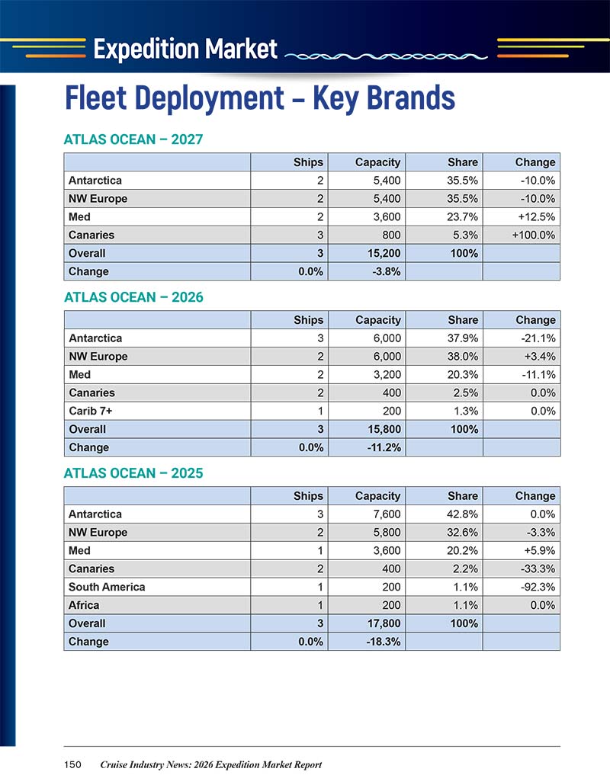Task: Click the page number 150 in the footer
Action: [x=72, y=764]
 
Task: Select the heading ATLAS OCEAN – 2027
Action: [x=133, y=139]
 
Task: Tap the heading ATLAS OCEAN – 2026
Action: [x=133, y=297]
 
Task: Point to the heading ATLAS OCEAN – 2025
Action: [x=133, y=473]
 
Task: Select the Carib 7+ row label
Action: [x=91, y=411]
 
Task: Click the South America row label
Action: [x=107, y=587]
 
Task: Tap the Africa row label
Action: [x=84, y=605]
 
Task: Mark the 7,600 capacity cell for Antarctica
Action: [x=387, y=514]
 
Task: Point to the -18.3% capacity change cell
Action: [x=384, y=642]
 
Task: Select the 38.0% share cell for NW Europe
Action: [x=463, y=357]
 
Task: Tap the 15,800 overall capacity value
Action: [x=384, y=429]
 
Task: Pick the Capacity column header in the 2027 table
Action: [x=378, y=162]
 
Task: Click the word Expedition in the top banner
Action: [x=146, y=50]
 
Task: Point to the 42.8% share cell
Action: [x=463, y=514]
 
